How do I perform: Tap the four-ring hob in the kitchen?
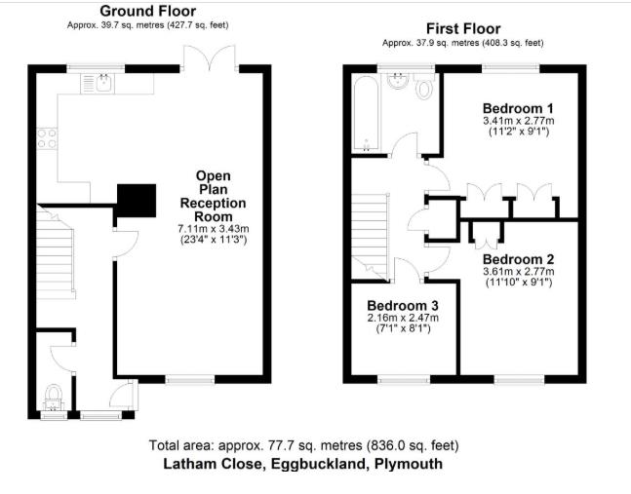[x=46, y=137]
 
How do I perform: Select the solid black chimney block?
[x=136, y=201]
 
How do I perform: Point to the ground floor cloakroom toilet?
[x=53, y=397]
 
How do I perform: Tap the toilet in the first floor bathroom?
[x=424, y=90]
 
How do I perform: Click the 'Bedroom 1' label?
[x=517, y=107]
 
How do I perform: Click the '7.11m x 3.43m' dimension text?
[x=214, y=228]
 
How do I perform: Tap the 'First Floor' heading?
[x=462, y=29]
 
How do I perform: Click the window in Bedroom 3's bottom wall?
[x=403, y=378]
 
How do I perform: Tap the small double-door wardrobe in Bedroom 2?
[x=484, y=232]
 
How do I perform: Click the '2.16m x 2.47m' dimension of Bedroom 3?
[x=403, y=318]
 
